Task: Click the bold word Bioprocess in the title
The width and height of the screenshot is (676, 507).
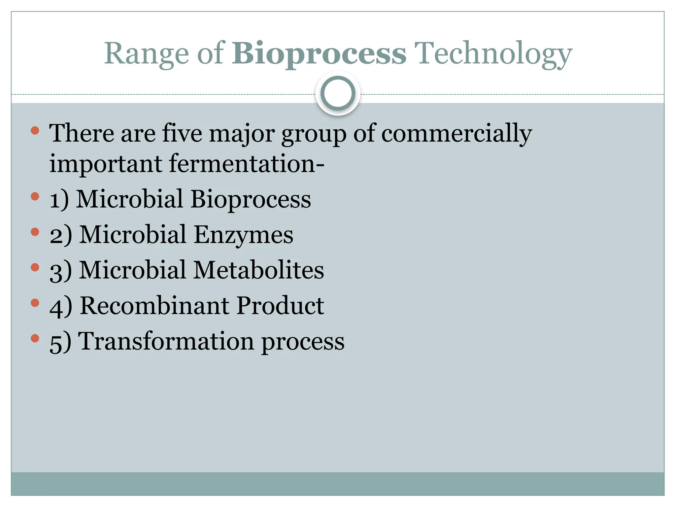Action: [x=319, y=54]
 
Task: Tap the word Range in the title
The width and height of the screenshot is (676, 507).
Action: [x=146, y=54]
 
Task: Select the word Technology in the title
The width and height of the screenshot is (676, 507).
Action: [x=493, y=54]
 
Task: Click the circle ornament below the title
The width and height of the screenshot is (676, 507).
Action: [x=338, y=93]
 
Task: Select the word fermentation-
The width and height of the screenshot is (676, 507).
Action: [x=247, y=164]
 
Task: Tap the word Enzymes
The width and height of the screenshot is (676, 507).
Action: [x=243, y=235]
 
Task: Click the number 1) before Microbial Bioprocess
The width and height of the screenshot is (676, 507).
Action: [x=59, y=200]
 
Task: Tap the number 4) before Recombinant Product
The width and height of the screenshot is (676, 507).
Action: [x=60, y=306]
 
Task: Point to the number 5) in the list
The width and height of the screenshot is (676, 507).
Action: [x=60, y=342]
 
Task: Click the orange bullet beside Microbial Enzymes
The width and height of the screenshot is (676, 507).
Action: [x=35, y=232]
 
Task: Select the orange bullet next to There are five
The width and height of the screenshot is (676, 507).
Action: [x=35, y=131]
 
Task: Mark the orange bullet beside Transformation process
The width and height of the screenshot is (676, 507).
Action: [x=35, y=338]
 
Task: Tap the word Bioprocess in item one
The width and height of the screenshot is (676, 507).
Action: [x=251, y=200]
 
